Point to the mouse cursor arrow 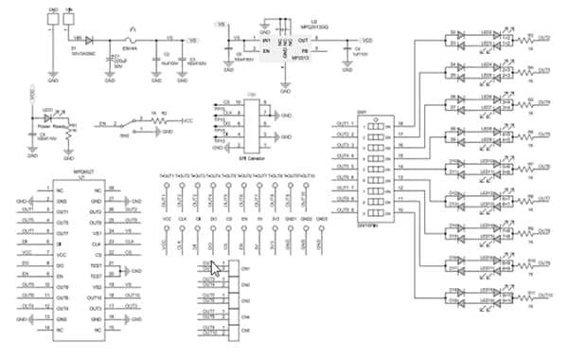click(216, 269)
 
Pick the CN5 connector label click(245, 315)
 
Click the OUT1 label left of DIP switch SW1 click(343, 124)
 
